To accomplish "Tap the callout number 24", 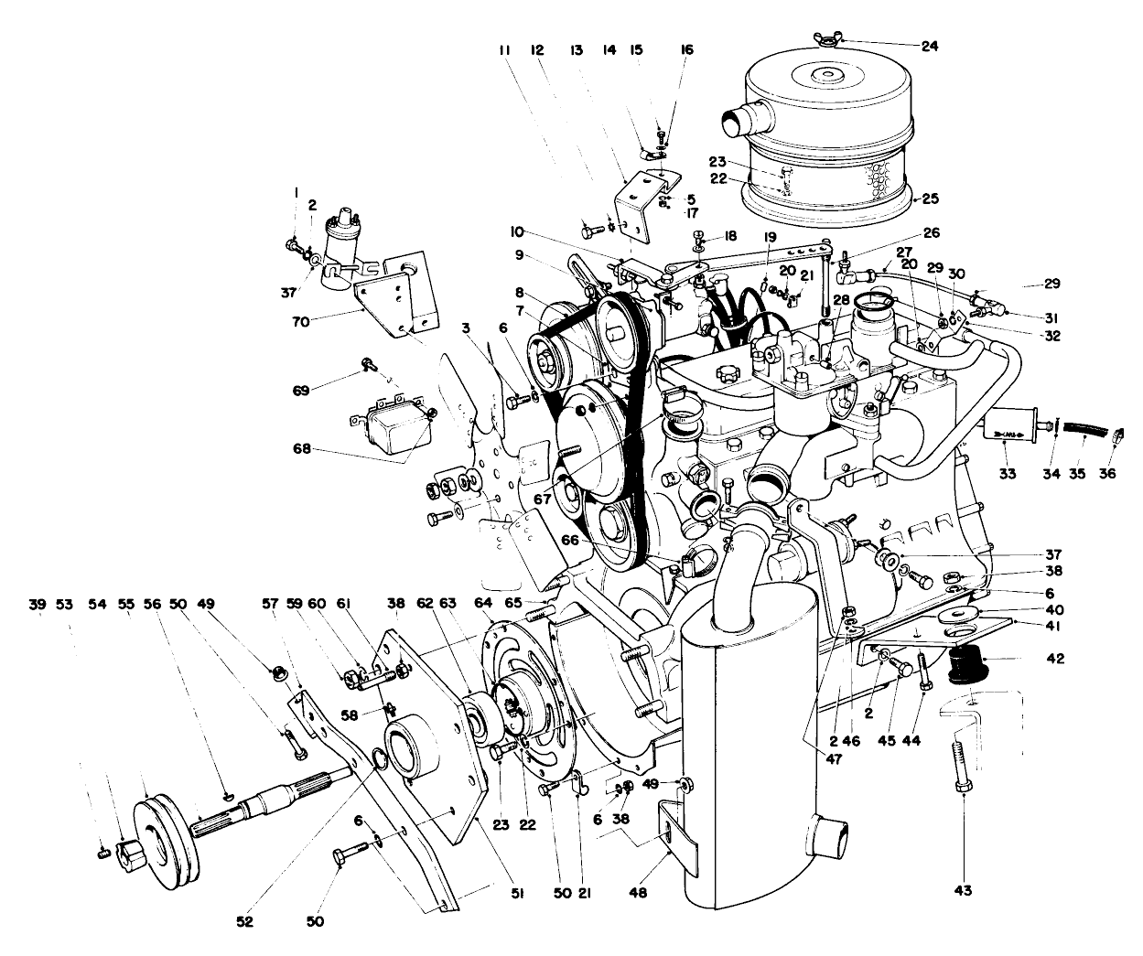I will click(x=930, y=47).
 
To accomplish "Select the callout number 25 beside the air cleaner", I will click(x=930, y=198).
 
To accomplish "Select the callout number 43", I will click(x=964, y=889).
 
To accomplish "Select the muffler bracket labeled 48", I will click(x=677, y=828).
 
